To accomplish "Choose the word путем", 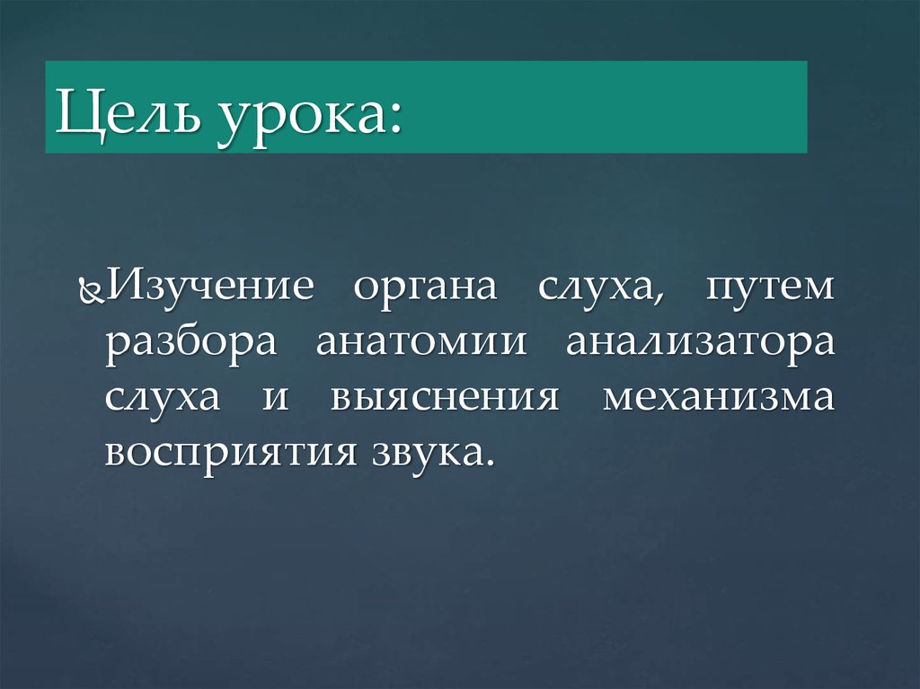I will pos(770,289).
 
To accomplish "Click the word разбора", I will pos(193,345).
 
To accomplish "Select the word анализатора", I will pos(701,343).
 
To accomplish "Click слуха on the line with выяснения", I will pos(161,398).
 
